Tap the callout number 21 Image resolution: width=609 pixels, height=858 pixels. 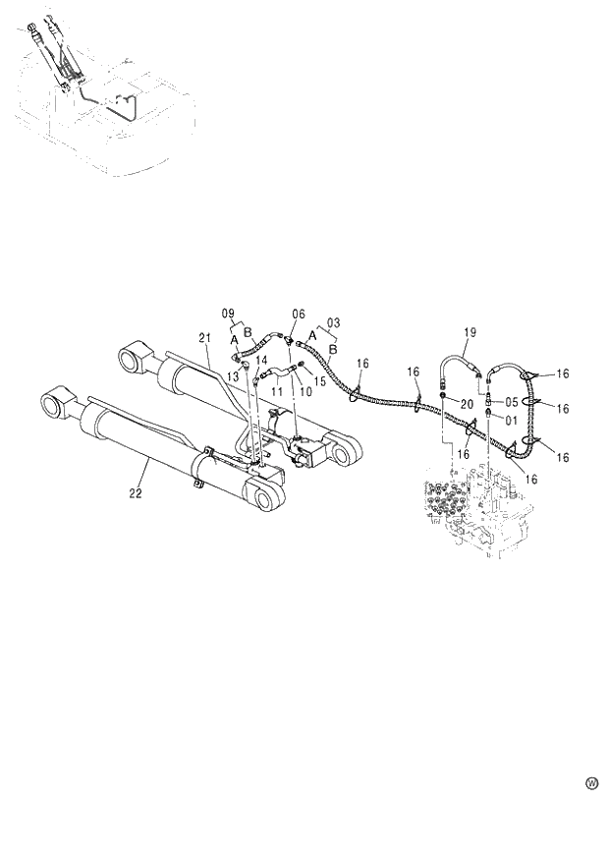click(x=206, y=338)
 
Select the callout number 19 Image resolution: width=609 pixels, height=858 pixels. click(x=469, y=334)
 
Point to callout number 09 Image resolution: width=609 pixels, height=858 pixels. click(x=228, y=314)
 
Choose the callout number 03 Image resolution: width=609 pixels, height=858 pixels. click(x=334, y=321)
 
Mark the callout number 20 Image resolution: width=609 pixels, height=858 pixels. click(x=467, y=404)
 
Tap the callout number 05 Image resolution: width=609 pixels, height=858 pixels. click(x=513, y=401)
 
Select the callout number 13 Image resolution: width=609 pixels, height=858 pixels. click(x=233, y=376)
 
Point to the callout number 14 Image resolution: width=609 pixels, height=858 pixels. click(x=261, y=361)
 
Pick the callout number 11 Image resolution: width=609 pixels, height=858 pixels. click(x=278, y=391)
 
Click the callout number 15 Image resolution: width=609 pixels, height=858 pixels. click(x=320, y=380)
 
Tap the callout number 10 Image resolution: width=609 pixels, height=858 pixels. click(x=304, y=391)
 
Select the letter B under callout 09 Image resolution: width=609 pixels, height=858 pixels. click(x=249, y=332)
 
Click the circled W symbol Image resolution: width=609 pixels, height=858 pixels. click(x=591, y=783)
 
